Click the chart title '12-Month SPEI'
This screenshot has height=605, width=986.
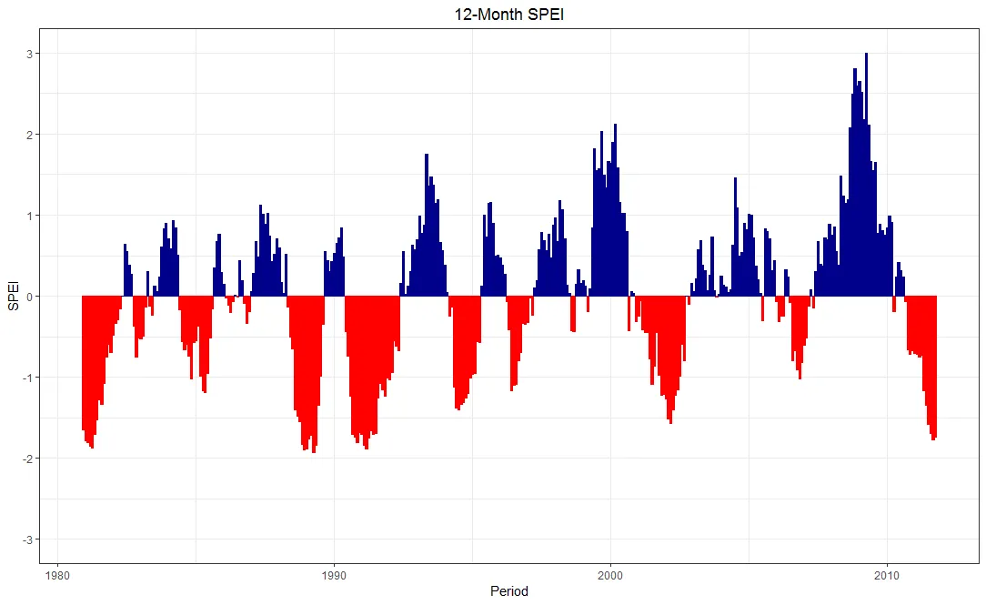tap(492, 15)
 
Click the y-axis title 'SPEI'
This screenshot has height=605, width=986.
tap(13, 296)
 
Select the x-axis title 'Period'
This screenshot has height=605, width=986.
tap(508, 591)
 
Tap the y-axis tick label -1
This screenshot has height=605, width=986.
tap(27, 378)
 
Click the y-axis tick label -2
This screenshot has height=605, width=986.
tap(27, 459)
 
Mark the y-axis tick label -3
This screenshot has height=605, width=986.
tap(27, 539)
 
